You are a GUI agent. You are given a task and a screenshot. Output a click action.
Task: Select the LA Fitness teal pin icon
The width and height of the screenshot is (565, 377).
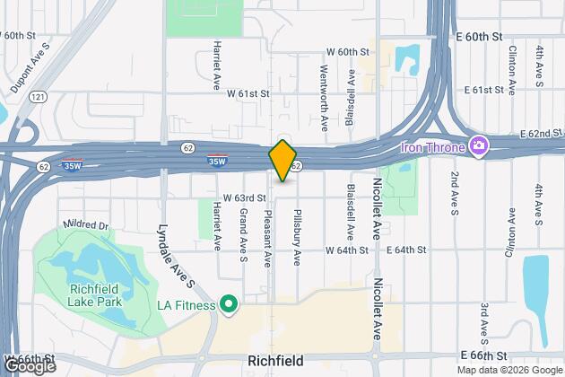point(229,306)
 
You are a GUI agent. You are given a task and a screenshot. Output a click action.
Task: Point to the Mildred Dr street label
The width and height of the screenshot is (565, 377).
point(86,224)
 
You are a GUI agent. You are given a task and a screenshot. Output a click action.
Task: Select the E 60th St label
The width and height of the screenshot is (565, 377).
point(482,36)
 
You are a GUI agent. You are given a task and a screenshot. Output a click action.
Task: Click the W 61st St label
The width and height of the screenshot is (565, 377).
point(248,92)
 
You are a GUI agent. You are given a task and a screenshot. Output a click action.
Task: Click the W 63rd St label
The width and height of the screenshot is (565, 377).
point(244,197)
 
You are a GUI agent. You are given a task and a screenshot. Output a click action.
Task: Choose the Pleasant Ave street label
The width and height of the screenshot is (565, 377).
point(267,238)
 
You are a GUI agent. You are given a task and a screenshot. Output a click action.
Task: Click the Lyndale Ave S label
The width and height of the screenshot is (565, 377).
point(177,256)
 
